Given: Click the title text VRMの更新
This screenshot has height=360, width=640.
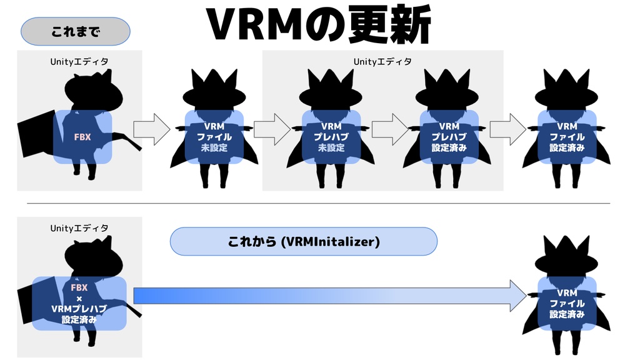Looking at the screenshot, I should [318, 25].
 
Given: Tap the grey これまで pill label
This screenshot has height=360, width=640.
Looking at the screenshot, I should [76, 31].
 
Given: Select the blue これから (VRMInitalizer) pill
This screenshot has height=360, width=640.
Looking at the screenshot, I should [303, 241].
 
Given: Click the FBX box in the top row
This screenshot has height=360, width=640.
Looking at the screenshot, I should [82, 137].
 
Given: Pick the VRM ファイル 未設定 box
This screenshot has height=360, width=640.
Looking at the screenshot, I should [214, 137].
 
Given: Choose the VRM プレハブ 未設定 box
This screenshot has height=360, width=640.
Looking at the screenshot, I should [331, 137].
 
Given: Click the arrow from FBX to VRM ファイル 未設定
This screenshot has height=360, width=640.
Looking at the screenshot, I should [152, 129].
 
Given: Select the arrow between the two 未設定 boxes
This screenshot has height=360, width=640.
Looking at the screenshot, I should [272, 129].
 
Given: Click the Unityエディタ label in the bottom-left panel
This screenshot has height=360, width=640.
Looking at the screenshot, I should [79, 228].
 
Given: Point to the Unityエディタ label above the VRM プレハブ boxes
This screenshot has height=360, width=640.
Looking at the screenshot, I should [382, 61].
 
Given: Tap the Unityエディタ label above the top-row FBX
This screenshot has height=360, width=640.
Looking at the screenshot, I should [79, 61].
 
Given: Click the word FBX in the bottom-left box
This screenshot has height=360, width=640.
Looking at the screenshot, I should [79, 287].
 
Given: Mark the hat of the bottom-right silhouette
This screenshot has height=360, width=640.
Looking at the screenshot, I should [566, 253].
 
